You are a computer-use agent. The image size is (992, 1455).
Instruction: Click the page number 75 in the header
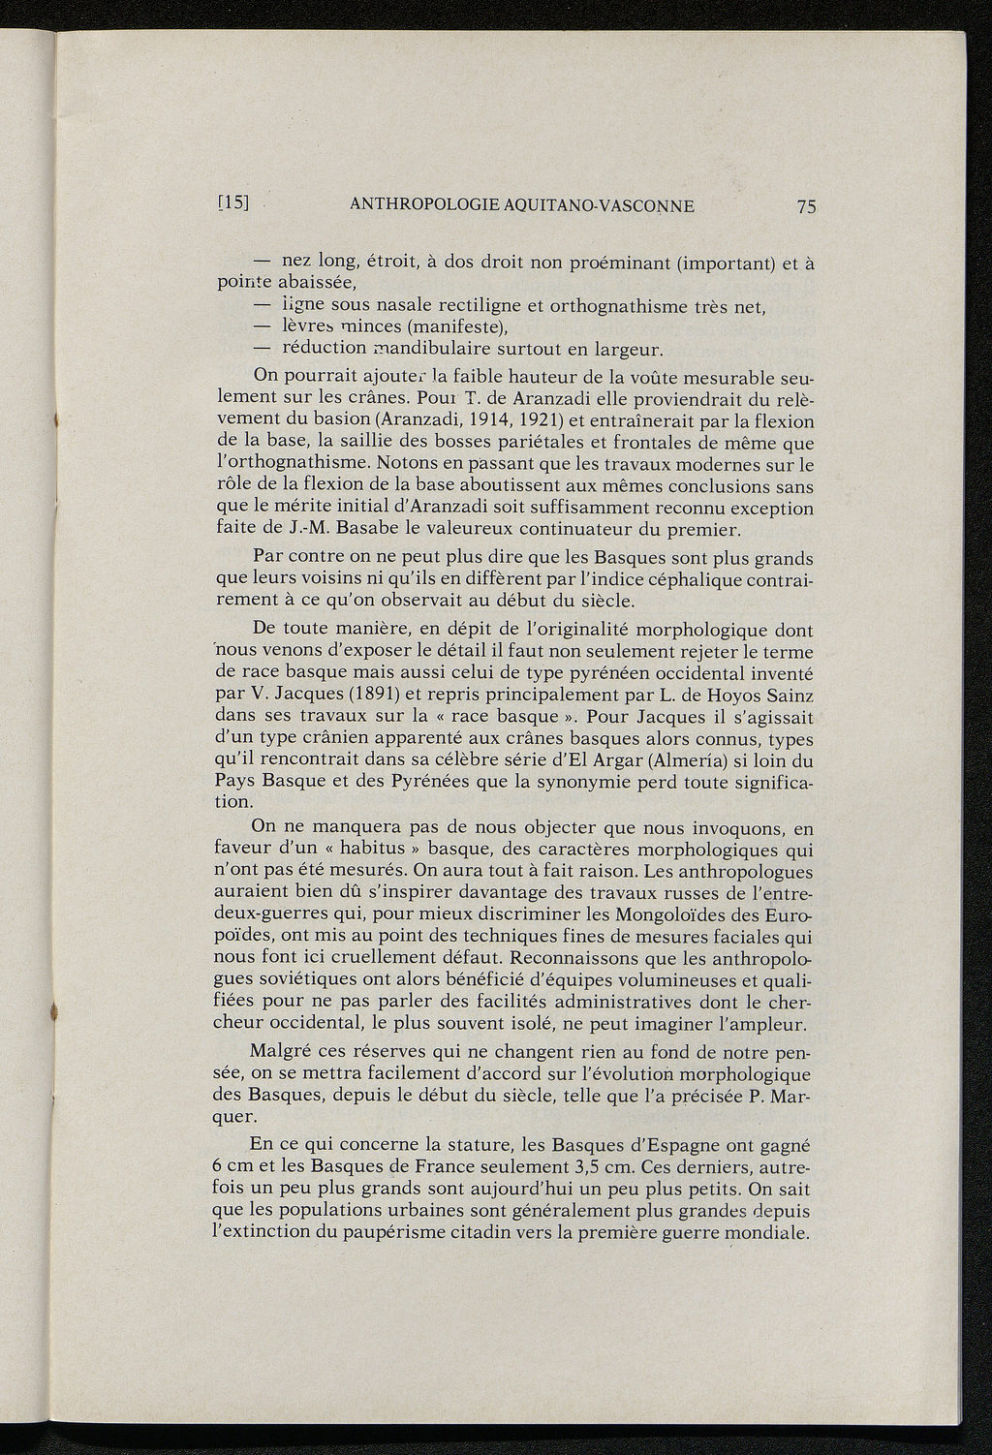[807, 206]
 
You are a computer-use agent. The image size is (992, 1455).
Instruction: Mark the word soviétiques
[312, 981]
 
